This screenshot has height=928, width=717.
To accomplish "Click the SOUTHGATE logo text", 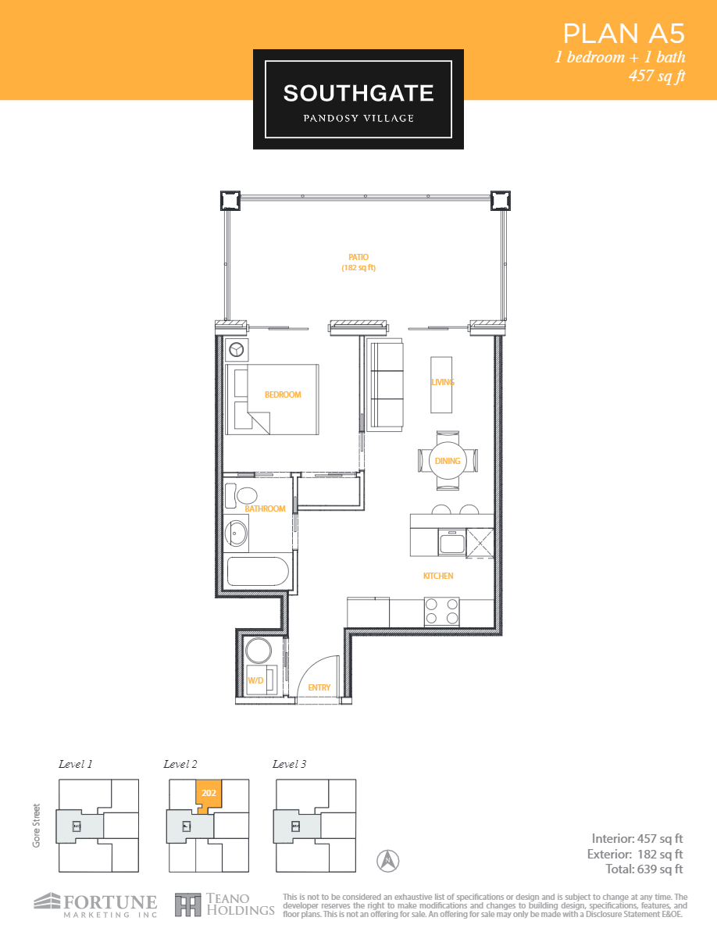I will click(x=358, y=94).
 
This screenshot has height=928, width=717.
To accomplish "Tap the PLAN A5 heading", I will click(x=623, y=34).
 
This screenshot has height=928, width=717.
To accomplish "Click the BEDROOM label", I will click(x=283, y=394).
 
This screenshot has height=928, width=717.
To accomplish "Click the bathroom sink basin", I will click(x=237, y=534).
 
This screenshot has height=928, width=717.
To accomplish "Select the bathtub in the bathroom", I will click(x=258, y=572).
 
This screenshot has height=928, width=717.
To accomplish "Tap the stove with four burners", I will click(x=441, y=611).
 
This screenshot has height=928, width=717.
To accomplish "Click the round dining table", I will click(x=448, y=460).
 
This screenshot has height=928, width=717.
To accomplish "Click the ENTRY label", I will click(x=319, y=687).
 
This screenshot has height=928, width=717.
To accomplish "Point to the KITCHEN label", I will click(x=438, y=576).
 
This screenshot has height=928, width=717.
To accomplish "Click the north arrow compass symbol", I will click(x=388, y=861).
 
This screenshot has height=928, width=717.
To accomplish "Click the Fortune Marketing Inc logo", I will click(x=95, y=904).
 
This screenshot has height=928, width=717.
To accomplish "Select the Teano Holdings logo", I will click(x=225, y=905).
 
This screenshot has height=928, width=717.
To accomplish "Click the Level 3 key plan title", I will click(x=289, y=764).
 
